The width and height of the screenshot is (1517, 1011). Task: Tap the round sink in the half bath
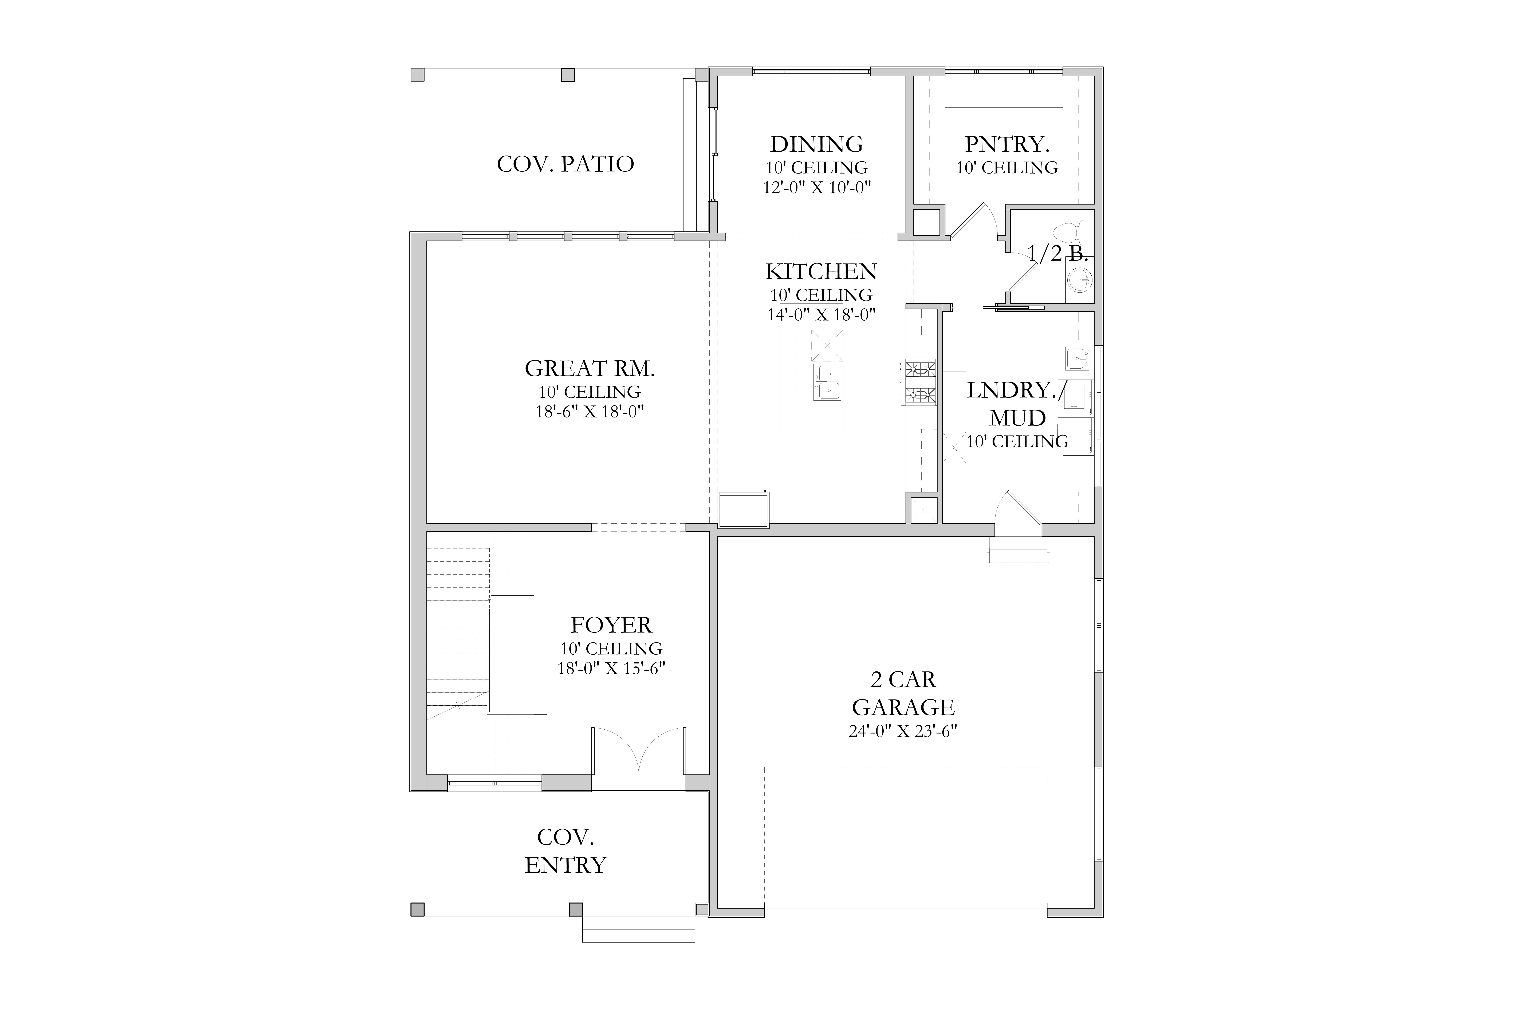pyautogui.click(x=1079, y=280)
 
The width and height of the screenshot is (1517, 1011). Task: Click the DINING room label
pyautogui.click(x=817, y=144)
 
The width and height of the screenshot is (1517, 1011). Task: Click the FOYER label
pyautogui.click(x=611, y=625)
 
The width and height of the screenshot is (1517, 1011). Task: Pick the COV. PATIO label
pyautogui.click(x=565, y=164)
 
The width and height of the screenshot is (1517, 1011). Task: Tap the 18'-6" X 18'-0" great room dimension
pyautogui.click(x=590, y=411)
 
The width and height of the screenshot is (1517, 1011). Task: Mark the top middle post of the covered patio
pyautogui.click(x=568, y=75)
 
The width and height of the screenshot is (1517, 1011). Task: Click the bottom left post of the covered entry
pyautogui.click(x=417, y=910)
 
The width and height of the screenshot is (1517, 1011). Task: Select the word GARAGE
pyautogui.click(x=903, y=707)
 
